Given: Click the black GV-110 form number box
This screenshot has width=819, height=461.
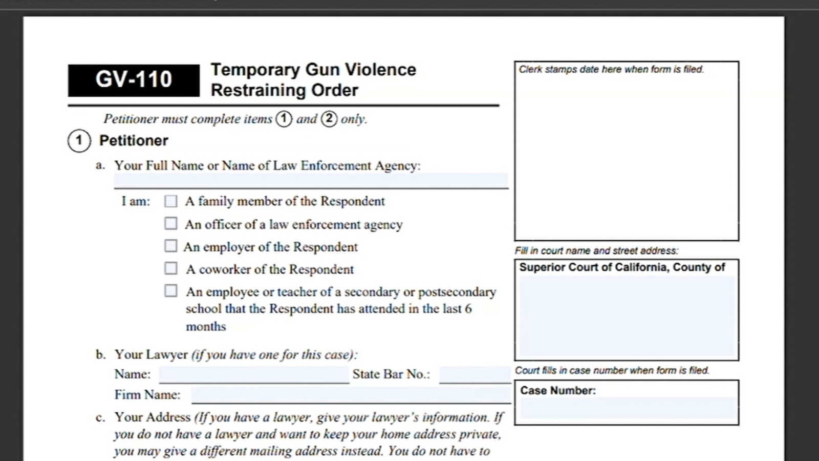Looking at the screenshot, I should [134, 80].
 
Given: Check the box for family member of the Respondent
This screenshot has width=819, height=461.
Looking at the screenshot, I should [171, 201].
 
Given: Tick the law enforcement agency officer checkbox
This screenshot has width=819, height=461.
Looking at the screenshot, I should [171, 224].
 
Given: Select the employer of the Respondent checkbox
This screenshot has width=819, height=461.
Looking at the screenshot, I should [171, 246].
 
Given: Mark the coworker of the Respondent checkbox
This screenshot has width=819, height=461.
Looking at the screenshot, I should [171, 268].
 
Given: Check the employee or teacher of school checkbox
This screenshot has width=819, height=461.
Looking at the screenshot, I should [171, 291].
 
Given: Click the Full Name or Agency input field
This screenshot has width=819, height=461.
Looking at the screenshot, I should [311, 180].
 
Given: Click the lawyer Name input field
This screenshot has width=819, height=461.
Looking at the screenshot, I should [253, 374].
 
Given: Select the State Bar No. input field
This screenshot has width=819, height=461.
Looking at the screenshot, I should [475, 374].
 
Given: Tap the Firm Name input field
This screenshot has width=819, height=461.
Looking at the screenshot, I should [351, 395].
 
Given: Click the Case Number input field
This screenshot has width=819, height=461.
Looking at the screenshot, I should [628, 409].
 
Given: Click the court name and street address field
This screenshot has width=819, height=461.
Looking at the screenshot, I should [627, 316].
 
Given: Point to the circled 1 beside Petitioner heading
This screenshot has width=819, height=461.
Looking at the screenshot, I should [79, 141].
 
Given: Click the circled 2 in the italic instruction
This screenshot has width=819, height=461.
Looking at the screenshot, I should [329, 119].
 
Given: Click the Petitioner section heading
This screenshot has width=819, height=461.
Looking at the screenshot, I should [134, 141].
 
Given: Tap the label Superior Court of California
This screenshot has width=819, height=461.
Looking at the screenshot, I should [622, 267].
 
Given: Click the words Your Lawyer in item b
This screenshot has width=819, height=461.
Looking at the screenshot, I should [151, 354].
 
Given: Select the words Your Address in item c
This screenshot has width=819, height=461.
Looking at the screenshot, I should [153, 417].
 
